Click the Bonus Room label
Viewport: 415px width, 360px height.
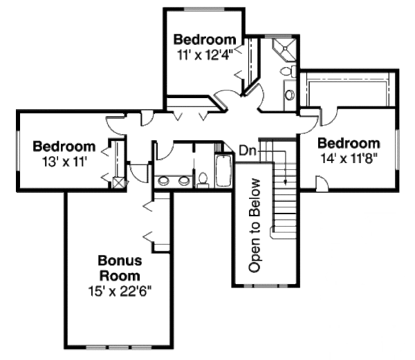click(x=120, y=268)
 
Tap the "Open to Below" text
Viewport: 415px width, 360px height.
click(x=255, y=225)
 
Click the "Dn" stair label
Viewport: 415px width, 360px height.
click(x=246, y=149)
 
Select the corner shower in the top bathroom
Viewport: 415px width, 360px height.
click(x=284, y=50)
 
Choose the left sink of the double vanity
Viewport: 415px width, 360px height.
click(x=165, y=181)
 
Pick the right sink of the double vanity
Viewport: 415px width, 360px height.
click(x=185, y=181)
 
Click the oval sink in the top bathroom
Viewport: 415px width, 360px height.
click(x=290, y=94)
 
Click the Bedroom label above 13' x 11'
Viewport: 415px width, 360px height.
click(x=64, y=146)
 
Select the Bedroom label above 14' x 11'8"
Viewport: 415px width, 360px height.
click(x=349, y=144)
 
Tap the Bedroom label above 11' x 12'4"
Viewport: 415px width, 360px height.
click(x=205, y=39)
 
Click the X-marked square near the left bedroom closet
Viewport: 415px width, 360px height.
click(x=118, y=183)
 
